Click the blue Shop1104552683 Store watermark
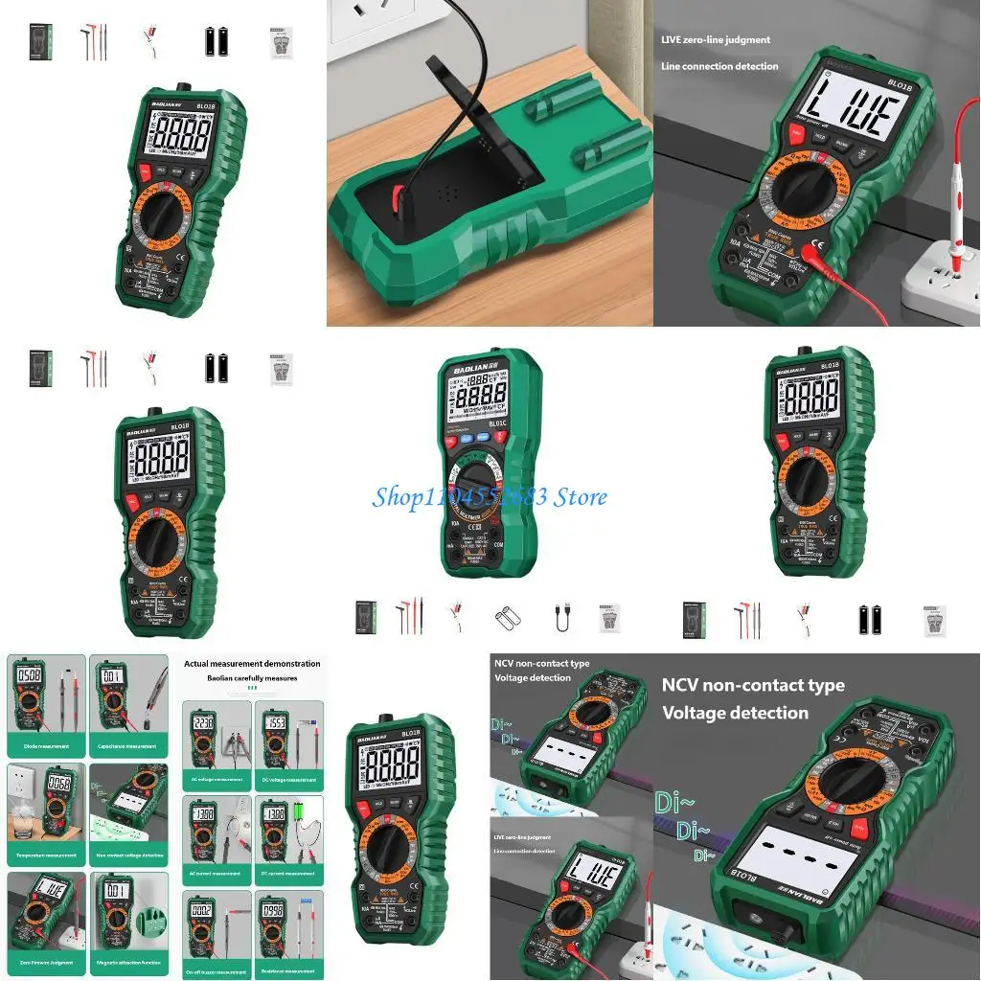pyautogui.click(x=490, y=497)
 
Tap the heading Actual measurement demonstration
pyautogui.click(x=252, y=663)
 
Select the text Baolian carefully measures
pyautogui.click(x=253, y=677)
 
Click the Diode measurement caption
pyautogui.click(x=45, y=746)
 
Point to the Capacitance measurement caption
pyautogui.click(x=127, y=746)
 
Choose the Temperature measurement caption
pyautogui.click(x=45, y=856)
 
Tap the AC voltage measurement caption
pyautogui.click(x=216, y=779)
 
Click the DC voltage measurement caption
pyautogui.click(x=288, y=779)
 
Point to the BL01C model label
pyautogui.click(x=497, y=422)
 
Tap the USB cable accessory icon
pyautogui.click(x=559, y=619)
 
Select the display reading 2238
pyautogui.click(x=204, y=723)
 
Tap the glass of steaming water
pyautogui.click(x=24, y=822)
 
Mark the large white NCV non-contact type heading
pyautogui.click(x=753, y=698)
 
